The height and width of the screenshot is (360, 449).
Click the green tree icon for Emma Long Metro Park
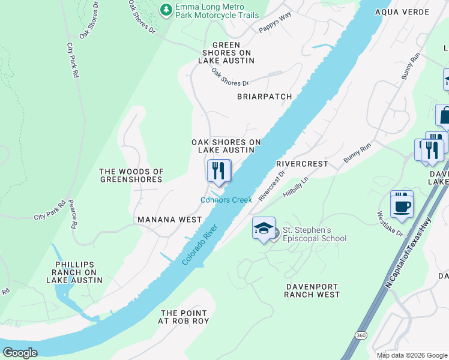[166, 10]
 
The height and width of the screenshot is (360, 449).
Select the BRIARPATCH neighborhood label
[264, 97]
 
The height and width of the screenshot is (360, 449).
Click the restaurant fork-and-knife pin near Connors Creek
[218, 171]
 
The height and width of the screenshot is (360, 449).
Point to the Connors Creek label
[226, 200]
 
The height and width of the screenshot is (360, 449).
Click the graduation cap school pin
[264, 229]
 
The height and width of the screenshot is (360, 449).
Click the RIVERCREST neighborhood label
[302, 163]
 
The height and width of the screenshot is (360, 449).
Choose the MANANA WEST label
[170, 220]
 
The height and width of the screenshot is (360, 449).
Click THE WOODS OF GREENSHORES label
[131, 175]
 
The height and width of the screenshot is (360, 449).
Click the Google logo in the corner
[20, 352]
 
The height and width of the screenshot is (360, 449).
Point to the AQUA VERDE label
[402, 12]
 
